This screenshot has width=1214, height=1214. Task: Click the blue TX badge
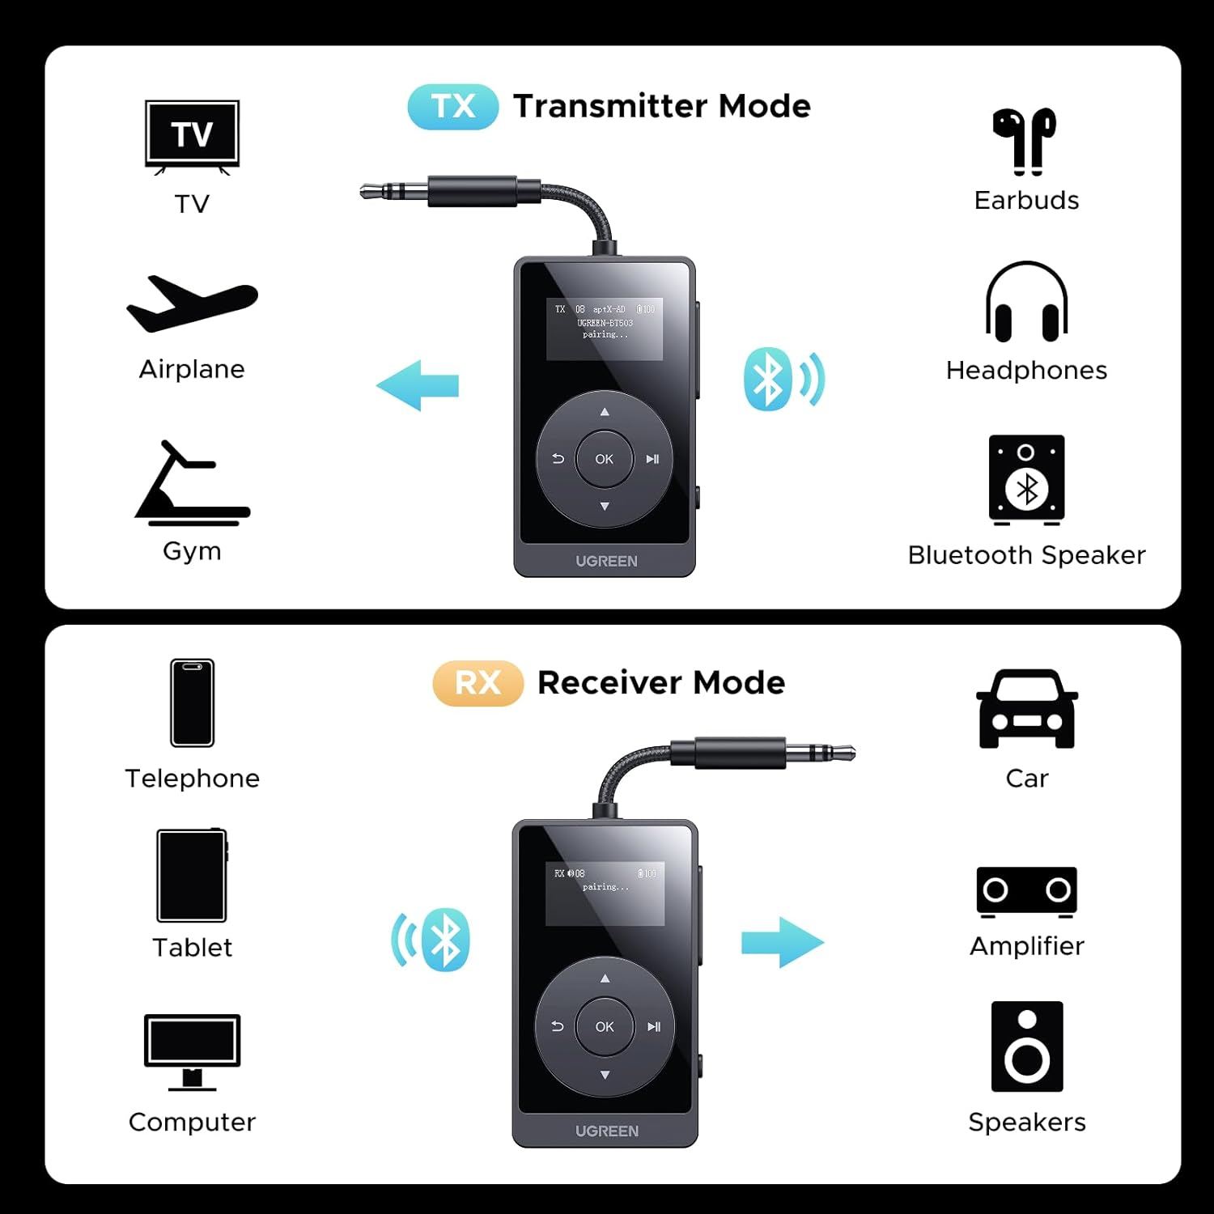(x=452, y=107)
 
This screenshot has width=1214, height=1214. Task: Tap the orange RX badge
(x=478, y=683)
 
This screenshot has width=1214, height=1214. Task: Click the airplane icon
(x=192, y=304)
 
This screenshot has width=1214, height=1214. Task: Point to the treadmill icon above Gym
(x=192, y=483)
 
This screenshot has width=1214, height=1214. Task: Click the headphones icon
(x=1026, y=302)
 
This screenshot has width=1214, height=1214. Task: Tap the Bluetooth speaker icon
(x=1026, y=480)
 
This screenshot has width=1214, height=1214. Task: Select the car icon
(x=1026, y=709)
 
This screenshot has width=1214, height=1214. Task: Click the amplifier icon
(x=1026, y=892)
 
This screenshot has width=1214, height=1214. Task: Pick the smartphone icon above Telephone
(x=193, y=703)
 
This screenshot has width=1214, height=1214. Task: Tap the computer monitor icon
(x=192, y=1051)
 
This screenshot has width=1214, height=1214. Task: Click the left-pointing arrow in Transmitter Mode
(x=418, y=385)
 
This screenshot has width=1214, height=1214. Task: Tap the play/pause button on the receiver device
(x=654, y=1027)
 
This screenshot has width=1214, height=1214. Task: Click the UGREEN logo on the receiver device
(x=606, y=1131)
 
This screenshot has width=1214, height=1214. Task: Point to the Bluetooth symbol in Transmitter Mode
(x=767, y=380)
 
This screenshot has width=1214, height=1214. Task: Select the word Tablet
(x=192, y=948)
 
